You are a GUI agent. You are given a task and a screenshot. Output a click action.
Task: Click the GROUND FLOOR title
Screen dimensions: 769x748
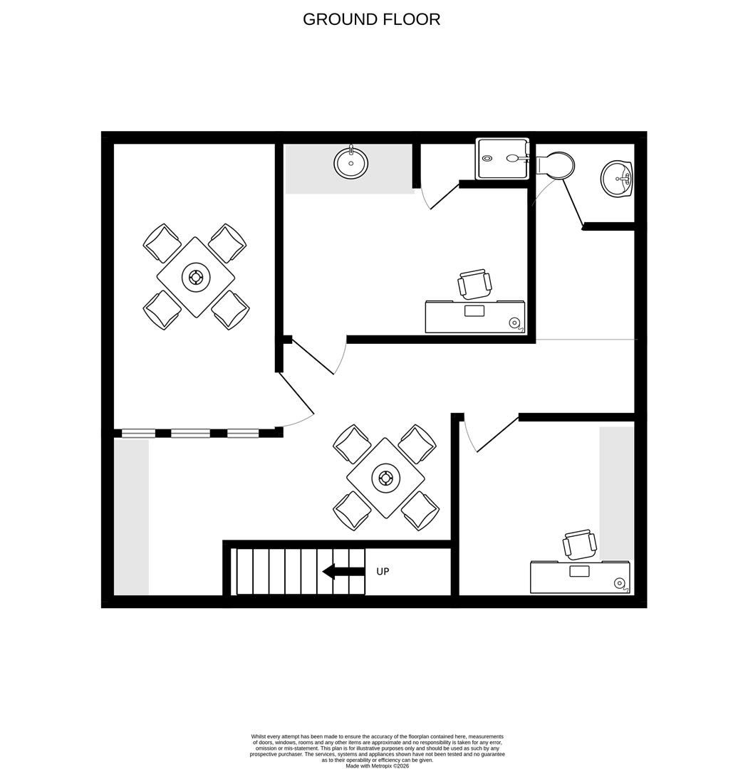(x=371, y=19)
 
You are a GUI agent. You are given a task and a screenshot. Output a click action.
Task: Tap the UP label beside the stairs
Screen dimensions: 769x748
(x=383, y=572)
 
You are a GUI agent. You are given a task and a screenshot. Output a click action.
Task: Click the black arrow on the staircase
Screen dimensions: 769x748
(x=343, y=571)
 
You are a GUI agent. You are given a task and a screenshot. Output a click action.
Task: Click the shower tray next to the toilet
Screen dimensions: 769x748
(x=502, y=159)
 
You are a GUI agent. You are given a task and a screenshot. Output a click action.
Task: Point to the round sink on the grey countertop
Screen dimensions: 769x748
(x=351, y=163)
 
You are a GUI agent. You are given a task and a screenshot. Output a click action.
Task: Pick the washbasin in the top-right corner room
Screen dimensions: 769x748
(x=616, y=178)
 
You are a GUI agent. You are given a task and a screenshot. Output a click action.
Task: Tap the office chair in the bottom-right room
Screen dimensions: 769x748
(x=580, y=545)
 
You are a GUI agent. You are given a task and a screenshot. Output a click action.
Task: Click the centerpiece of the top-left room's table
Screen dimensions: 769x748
(x=196, y=277)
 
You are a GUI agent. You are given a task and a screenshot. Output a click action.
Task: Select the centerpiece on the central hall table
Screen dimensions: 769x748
(x=386, y=478)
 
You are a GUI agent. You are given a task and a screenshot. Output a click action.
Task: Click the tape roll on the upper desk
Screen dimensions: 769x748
(x=514, y=323)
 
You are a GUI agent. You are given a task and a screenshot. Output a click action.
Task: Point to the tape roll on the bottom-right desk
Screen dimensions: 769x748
(x=620, y=584)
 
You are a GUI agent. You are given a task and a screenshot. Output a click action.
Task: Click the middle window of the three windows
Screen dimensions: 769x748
(x=190, y=433)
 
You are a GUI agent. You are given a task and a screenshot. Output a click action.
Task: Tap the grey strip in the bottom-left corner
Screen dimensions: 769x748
(x=132, y=517)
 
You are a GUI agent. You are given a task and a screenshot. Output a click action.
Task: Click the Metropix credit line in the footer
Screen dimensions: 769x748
(x=378, y=765)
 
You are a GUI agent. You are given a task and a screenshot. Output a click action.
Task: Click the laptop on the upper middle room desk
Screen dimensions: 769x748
(x=474, y=310)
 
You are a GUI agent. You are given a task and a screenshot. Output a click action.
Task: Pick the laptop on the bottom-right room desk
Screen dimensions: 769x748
(x=579, y=571)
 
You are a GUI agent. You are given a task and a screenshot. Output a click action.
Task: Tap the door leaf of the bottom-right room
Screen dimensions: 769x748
(x=497, y=434)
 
